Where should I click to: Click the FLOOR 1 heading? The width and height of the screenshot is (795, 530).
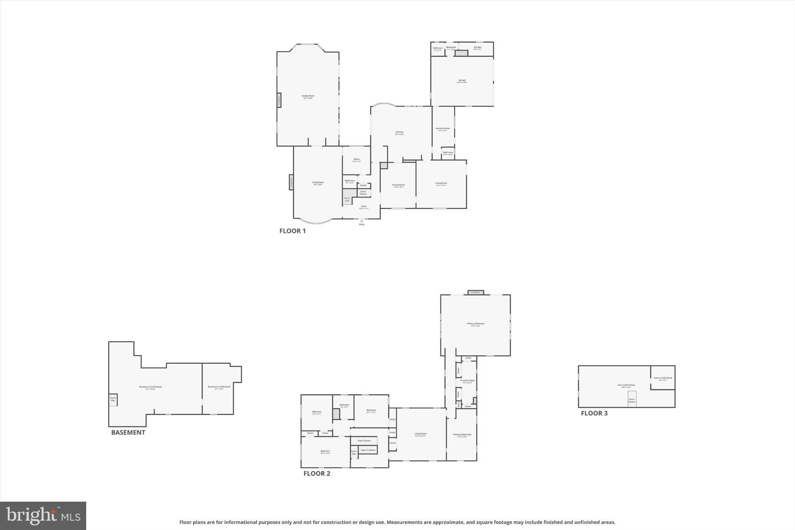click(x=292, y=231)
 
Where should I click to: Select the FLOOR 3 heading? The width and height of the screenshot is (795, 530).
click(x=594, y=413)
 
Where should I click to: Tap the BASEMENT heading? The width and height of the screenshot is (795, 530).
click(x=128, y=433)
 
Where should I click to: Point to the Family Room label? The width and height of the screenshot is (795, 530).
click(x=308, y=96)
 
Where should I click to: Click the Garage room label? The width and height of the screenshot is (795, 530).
click(x=462, y=80)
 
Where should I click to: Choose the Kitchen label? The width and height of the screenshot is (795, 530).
click(x=399, y=132)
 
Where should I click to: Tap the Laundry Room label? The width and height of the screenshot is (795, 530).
click(x=443, y=129)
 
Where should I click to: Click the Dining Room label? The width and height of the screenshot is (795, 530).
click(x=398, y=185)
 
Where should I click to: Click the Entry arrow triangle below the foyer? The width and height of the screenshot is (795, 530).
click(x=362, y=221)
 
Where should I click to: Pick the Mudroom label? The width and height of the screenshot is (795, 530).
click(x=451, y=47)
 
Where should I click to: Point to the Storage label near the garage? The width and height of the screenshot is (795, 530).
click(x=477, y=47)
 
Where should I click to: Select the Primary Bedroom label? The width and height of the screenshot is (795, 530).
click(x=476, y=324)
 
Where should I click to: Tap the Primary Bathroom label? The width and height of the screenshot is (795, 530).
click(x=462, y=435)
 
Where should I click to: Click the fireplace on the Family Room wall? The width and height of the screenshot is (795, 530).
click(x=279, y=100)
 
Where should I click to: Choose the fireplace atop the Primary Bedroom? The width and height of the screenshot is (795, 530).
click(x=476, y=292)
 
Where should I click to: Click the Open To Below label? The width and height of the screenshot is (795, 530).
click(x=368, y=450)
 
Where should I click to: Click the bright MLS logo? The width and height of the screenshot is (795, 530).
click(x=43, y=516)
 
